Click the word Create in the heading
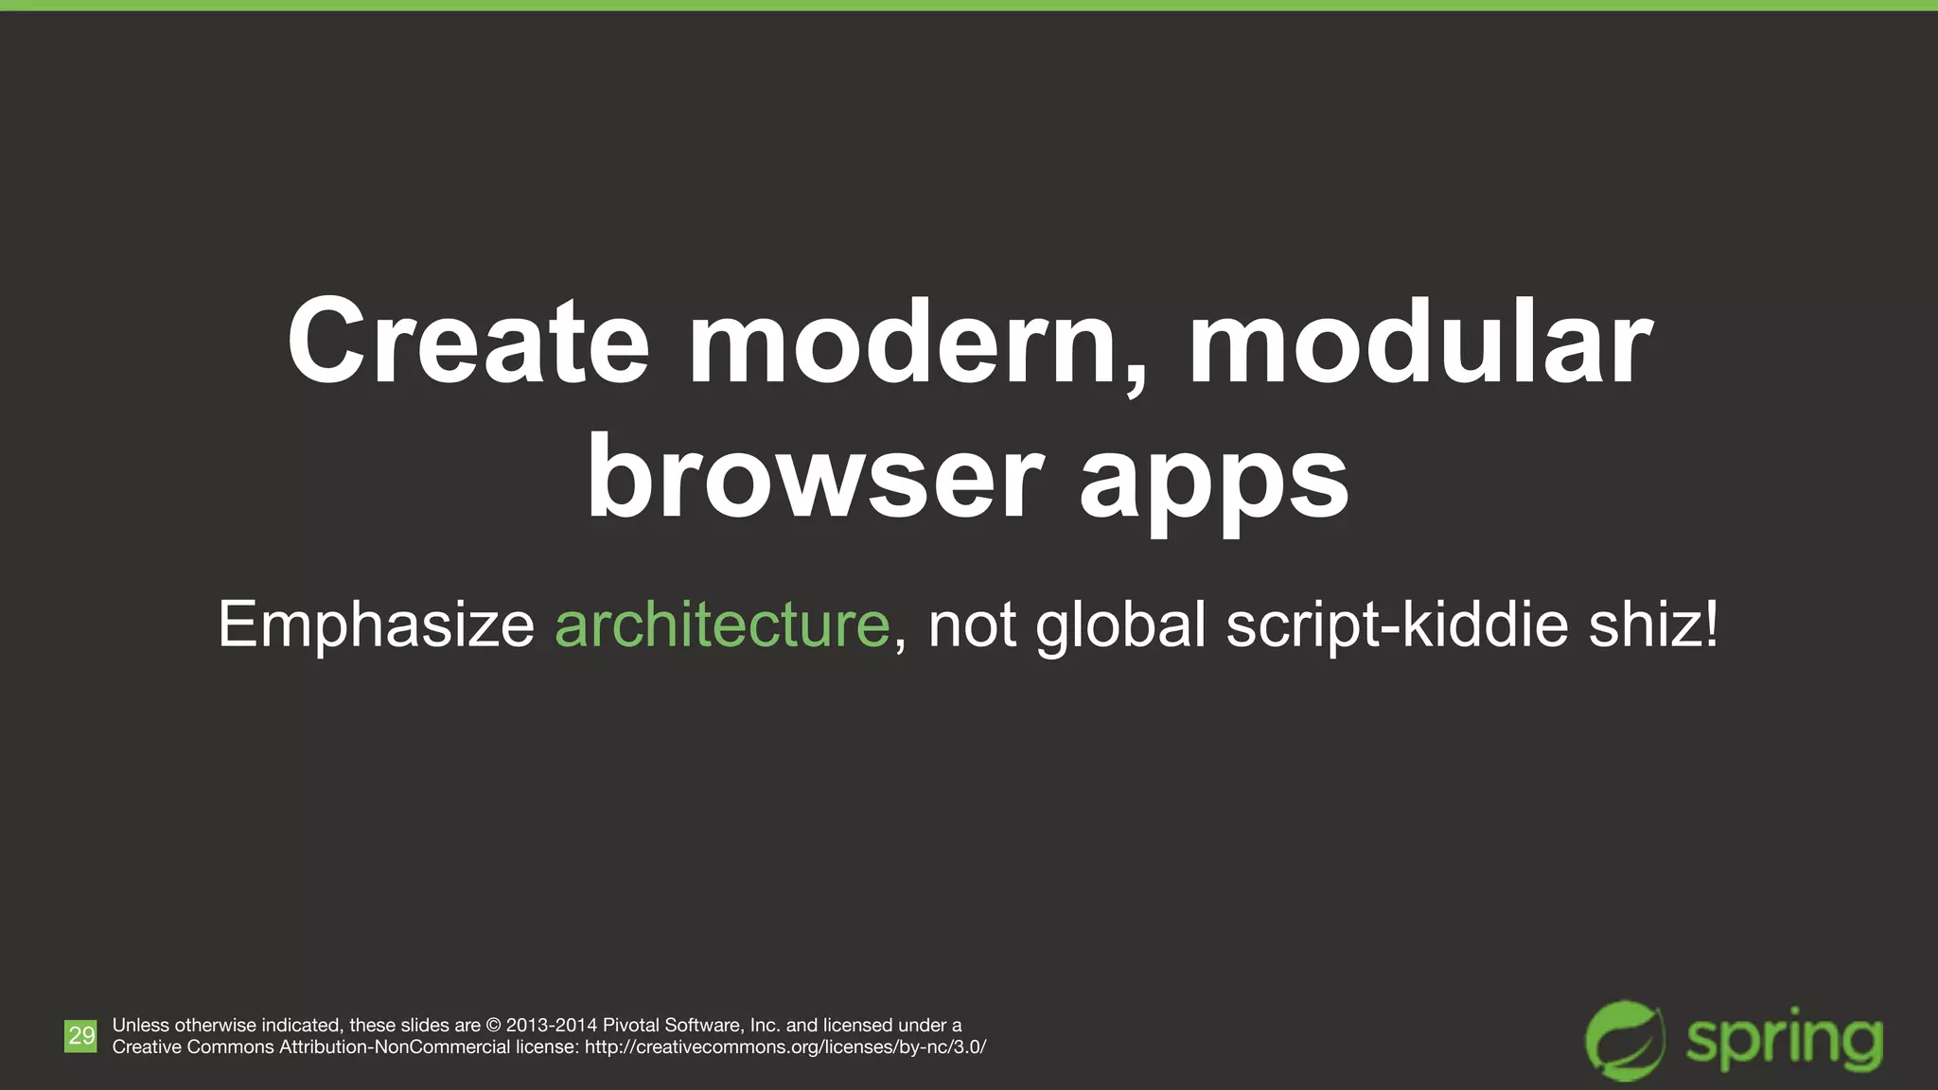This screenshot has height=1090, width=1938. tap(468, 343)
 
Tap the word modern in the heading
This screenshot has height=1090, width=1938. tap(918, 343)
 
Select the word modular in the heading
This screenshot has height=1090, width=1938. tap(1419, 343)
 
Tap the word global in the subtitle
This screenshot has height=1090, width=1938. tap(1121, 626)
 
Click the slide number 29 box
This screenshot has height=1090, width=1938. tap(80, 1035)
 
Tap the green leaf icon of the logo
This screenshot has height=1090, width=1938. tap(1625, 1040)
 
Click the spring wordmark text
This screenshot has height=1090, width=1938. tap(1785, 1043)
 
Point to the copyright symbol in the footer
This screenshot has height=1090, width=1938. tap(493, 1026)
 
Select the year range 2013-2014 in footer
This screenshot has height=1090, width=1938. tap(552, 1026)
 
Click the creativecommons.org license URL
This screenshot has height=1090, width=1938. tap(785, 1047)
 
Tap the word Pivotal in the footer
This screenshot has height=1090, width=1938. tap(630, 1026)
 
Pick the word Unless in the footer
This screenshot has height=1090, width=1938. tap(141, 1026)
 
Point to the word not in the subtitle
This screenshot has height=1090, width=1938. tap(972, 626)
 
